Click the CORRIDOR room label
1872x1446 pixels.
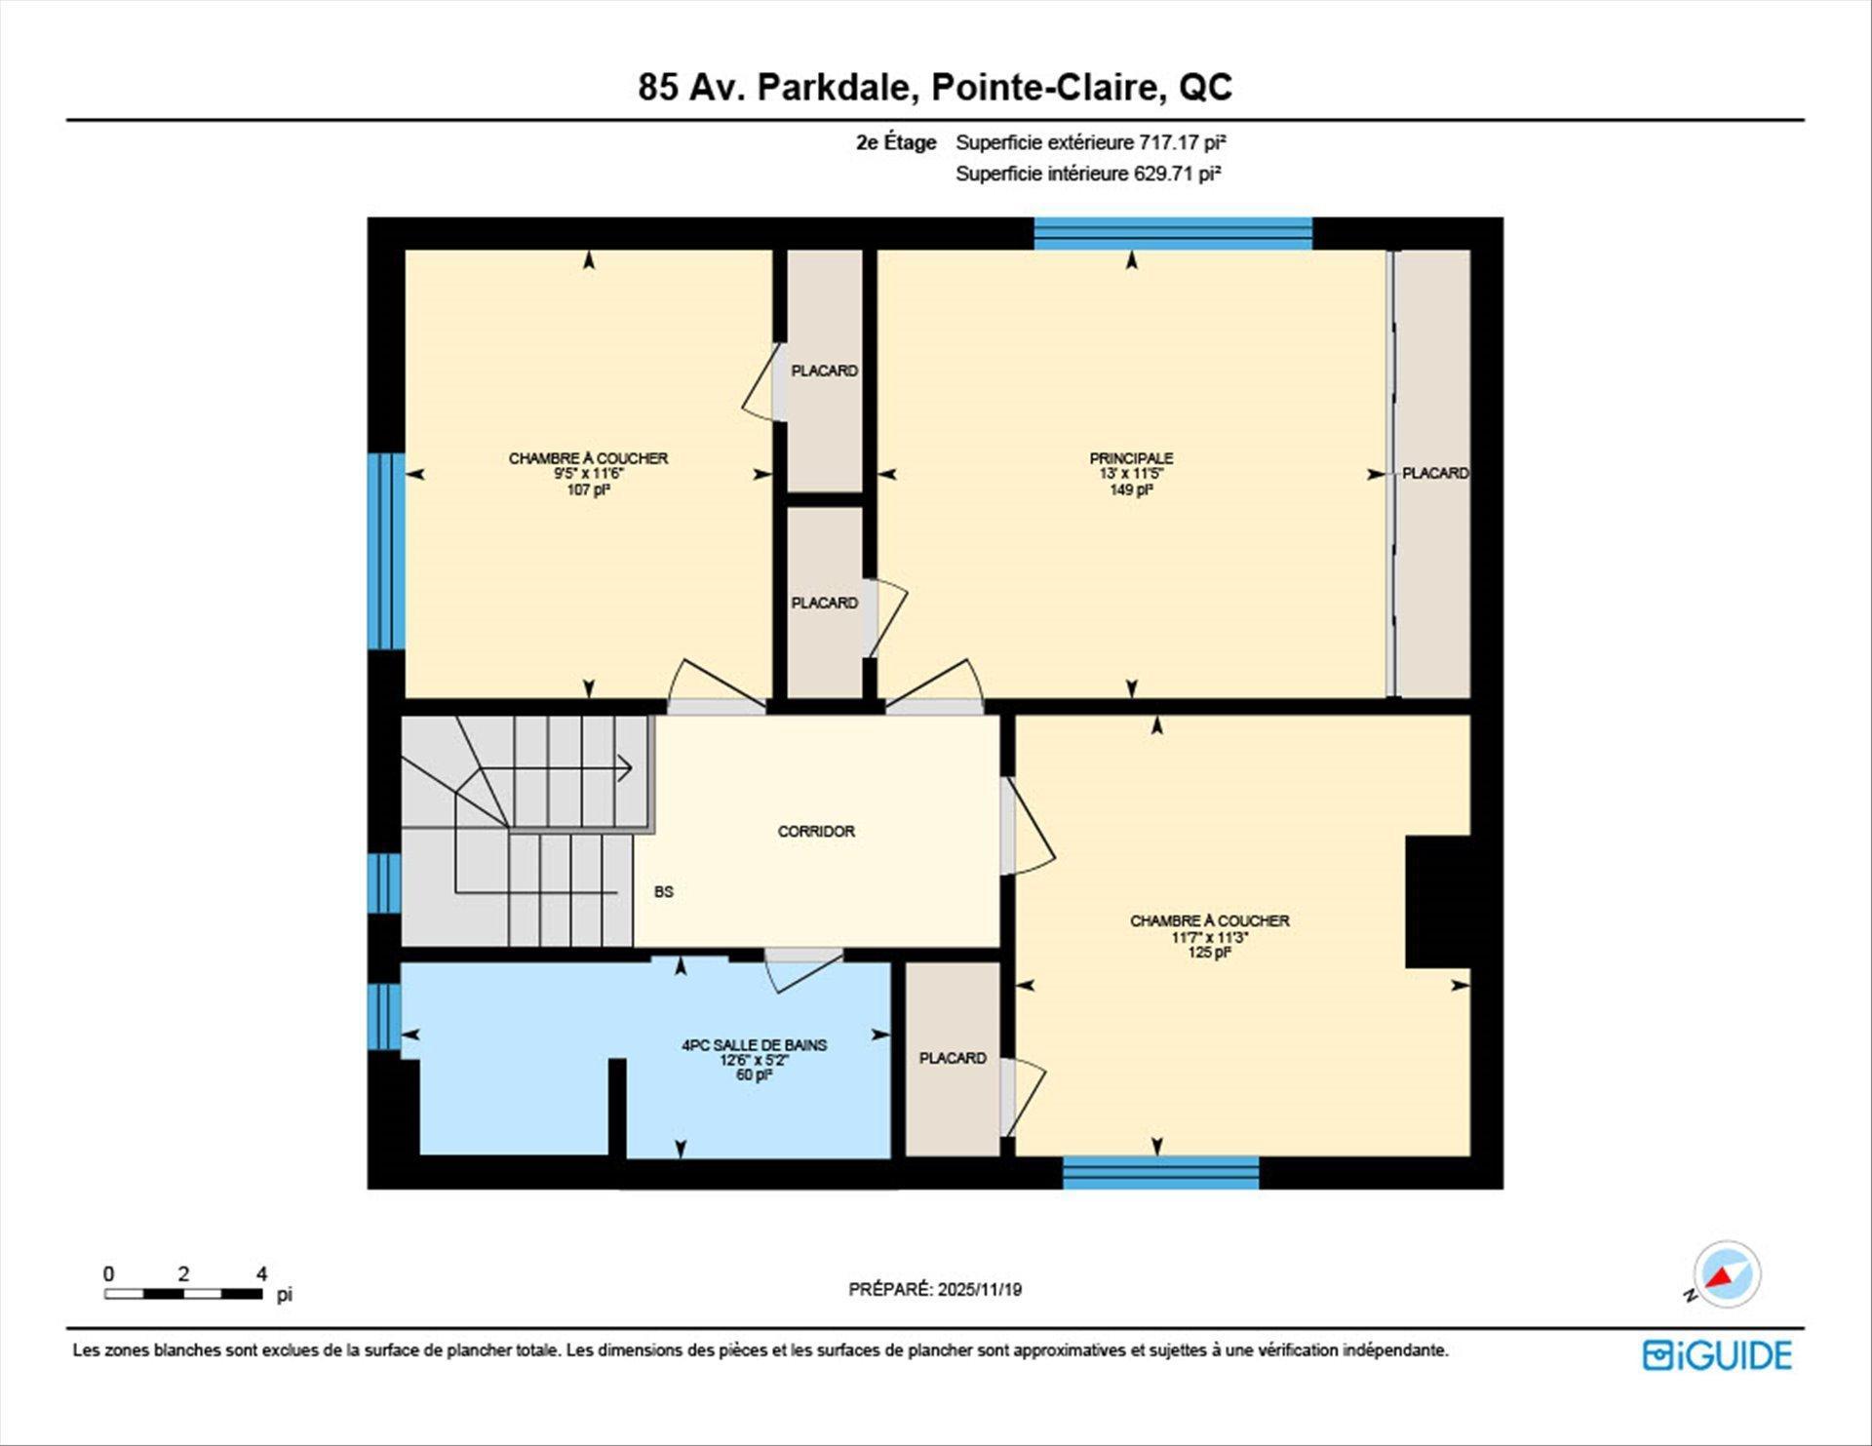pos(816,832)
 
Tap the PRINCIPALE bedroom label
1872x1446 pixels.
pos(1131,458)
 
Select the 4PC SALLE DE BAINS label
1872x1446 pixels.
pos(754,1045)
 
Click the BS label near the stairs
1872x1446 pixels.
pos(664,892)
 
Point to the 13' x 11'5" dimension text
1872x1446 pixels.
pos(1131,474)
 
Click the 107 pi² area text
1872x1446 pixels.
pos(588,490)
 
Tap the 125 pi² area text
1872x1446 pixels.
pos(1209,953)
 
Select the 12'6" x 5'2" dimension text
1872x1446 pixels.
pos(754,1061)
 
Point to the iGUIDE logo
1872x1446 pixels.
pos(1717,1355)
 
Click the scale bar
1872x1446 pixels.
pos(183,1294)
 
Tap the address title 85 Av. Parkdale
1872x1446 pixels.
pos(935,87)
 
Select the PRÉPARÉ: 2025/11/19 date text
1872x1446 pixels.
pos(935,1289)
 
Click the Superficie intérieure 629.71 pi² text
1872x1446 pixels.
pos(1088,174)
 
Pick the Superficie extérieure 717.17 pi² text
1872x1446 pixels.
pos(1090,142)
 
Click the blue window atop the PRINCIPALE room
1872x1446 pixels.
pos(1173,234)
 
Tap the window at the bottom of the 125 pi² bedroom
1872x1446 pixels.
pos(1160,1173)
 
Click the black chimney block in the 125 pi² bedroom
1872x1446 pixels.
pos(1437,902)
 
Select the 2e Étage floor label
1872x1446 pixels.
pos(896,142)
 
